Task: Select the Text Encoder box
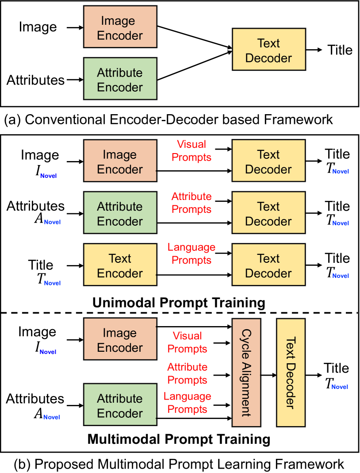(x=120, y=265)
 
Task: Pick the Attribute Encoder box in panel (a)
(x=120, y=80)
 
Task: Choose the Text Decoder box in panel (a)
(x=268, y=50)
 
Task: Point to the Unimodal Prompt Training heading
(x=179, y=303)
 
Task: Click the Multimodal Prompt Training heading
(x=179, y=439)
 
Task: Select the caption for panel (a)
(x=168, y=119)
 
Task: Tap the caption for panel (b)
(x=179, y=464)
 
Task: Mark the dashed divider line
(x=180, y=313)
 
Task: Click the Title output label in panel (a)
(x=340, y=50)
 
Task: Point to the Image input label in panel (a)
(x=38, y=27)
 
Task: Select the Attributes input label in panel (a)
(x=35, y=80)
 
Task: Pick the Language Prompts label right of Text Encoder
(x=191, y=254)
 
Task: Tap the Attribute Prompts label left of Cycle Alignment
(x=188, y=373)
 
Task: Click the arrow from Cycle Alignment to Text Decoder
(x=268, y=374)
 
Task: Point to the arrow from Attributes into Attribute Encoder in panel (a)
(x=74, y=80)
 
